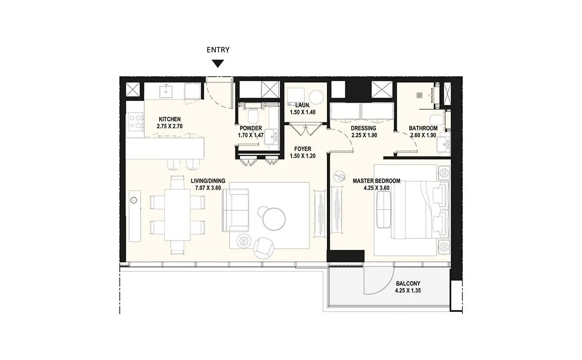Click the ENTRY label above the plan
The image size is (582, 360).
click(218, 49)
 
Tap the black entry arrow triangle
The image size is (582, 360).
click(218, 64)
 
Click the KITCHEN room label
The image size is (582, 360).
click(170, 119)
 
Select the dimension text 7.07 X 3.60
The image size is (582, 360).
click(208, 188)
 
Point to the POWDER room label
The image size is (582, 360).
click(251, 128)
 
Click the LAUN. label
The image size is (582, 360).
click(303, 105)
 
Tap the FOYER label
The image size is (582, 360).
click(303, 149)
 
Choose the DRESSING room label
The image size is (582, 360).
click(363, 128)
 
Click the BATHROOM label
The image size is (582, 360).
click(423, 128)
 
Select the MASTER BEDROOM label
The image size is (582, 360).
click(376, 181)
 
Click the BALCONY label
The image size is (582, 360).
click(408, 283)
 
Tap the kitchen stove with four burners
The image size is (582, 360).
click(136, 122)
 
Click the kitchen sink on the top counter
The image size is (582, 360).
click(165, 91)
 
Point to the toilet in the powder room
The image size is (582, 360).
click(253, 115)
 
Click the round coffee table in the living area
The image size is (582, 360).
click(274, 219)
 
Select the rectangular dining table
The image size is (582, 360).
click(178, 215)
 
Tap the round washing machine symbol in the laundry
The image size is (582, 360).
click(316, 97)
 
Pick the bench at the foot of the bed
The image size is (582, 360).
click(384, 210)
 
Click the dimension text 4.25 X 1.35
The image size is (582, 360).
click(408, 291)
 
